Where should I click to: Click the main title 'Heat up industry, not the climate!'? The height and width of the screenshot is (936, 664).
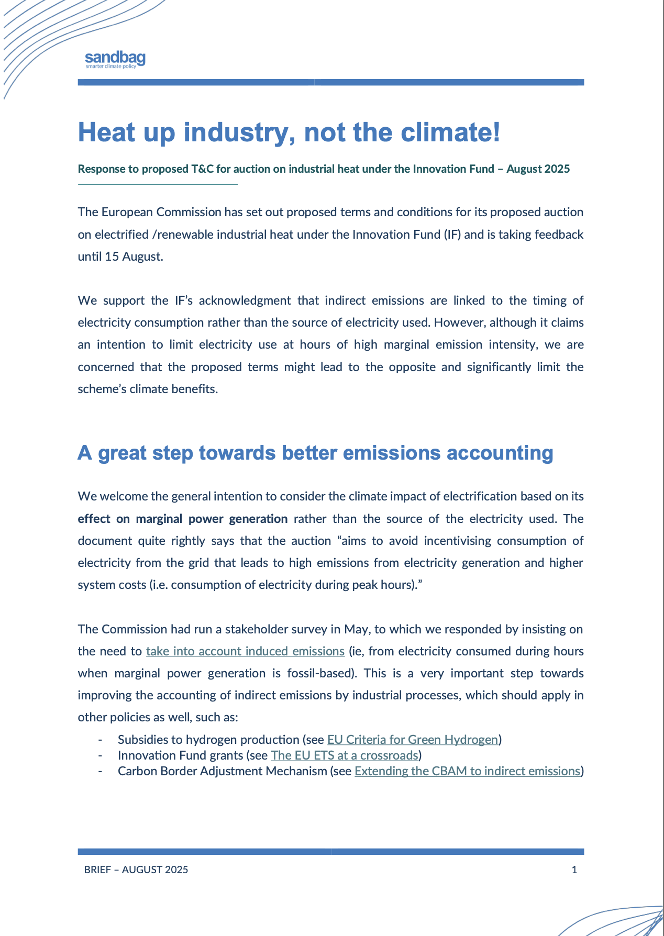click(289, 132)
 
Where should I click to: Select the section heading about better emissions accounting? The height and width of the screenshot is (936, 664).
click(315, 453)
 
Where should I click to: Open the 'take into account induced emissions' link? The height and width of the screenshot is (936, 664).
click(245, 651)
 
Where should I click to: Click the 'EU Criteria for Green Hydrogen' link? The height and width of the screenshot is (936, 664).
click(412, 740)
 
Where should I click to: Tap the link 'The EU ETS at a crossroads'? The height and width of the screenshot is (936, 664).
click(345, 755)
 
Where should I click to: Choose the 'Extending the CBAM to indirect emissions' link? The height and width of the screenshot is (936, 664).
click(467, 771)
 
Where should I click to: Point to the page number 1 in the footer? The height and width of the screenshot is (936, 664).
click(574, 870)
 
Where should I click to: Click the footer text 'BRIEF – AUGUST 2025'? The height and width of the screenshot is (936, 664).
click(136, 870)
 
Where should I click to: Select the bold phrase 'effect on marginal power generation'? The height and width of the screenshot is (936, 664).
click(183, 519)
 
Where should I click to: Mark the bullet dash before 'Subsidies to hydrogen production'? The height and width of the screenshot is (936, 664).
click(99, 740)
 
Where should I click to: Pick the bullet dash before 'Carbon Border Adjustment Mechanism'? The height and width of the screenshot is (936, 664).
click(99, 771)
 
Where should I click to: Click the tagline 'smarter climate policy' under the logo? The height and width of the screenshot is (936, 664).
click(110, 66)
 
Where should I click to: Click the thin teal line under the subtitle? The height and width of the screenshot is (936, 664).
click(158, 184)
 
